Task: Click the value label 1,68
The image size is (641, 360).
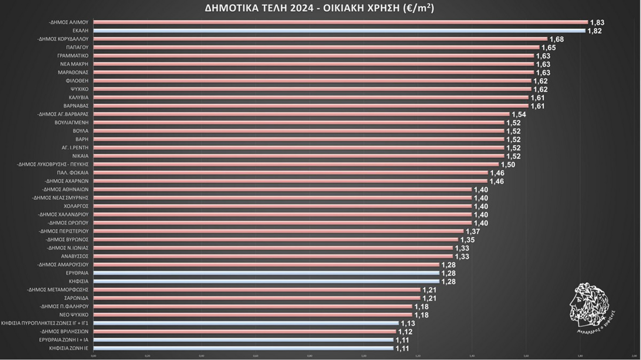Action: [x=557, y=39]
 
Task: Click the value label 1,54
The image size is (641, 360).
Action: [x=519, y=114]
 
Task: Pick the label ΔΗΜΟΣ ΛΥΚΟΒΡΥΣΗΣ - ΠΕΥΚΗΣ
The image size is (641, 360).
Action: [x=53, y=164]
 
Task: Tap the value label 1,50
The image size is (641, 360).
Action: [x=508, y=165]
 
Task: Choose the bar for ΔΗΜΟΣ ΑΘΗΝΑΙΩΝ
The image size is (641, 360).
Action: [x=282, y=189]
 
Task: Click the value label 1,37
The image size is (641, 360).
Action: [x=473, y=231]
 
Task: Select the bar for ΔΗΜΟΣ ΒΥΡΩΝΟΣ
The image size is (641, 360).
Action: [x=275, y=240]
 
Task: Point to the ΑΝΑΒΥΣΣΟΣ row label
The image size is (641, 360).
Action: [x=75, y=256]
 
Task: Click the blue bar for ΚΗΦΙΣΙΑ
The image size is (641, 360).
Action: [x=266, y=281]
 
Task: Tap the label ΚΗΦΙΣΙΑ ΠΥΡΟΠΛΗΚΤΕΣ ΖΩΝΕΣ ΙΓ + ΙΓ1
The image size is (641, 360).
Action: [x=45, y=323]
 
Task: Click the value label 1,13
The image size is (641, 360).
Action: [x=408, y=324]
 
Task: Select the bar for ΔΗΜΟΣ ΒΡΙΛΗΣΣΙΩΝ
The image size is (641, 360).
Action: [x=244, y=331]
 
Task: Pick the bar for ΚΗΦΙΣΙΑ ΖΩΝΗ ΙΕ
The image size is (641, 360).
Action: [x=243, y=348]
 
